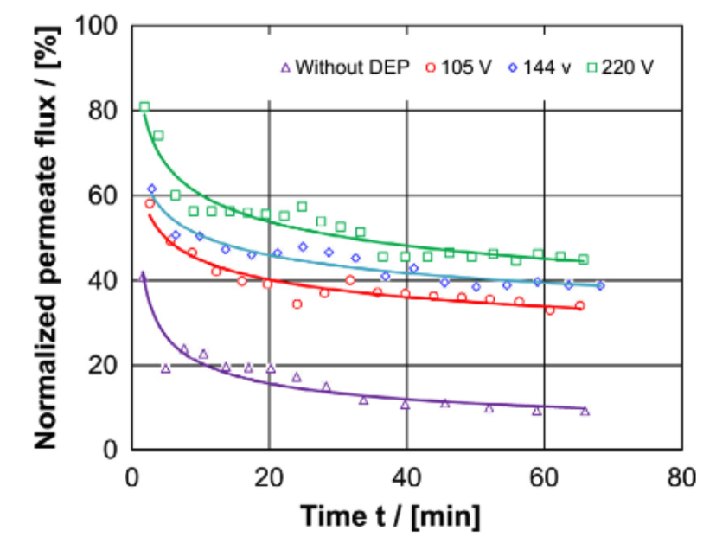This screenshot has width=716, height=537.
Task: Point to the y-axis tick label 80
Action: tap(103, 111)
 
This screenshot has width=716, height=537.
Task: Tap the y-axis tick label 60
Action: tap(103, 195)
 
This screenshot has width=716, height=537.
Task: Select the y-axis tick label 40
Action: tap(103, 280)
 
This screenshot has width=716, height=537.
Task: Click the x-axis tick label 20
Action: tap(269, 476)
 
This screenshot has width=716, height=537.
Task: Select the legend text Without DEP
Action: tap(352, 67)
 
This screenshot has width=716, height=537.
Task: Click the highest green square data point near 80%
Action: tap(144, 107)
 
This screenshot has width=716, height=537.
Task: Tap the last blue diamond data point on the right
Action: tap(600, 285)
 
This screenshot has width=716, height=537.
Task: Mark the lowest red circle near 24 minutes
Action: tap(297, 304)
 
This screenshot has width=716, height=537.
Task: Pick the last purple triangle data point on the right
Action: tap(585, 412)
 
